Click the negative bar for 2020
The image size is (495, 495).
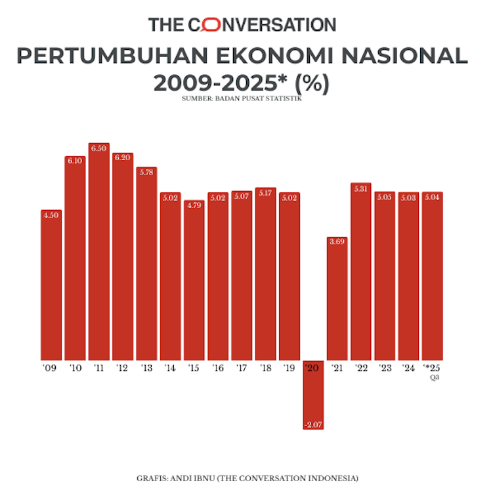313,394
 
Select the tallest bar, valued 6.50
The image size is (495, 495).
98,256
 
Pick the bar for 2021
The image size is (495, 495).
337,302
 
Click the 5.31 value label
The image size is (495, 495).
360,189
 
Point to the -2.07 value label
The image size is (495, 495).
313,425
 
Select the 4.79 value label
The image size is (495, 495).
194,205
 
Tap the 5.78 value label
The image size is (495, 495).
146,172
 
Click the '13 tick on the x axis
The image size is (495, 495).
146,369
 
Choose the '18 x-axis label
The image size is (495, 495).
265,369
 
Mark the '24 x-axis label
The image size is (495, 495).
408,369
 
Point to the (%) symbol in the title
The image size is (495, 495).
312,83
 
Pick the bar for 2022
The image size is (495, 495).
360,276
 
